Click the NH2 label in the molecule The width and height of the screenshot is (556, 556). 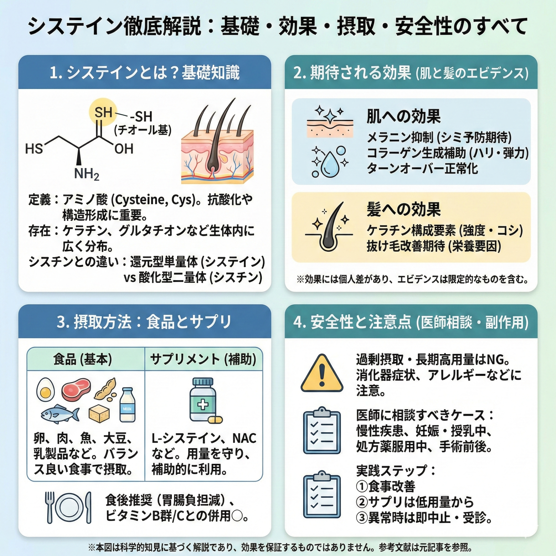(87, 174)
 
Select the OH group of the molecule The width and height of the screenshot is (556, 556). (124, 149)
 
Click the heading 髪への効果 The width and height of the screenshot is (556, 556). (403, 209)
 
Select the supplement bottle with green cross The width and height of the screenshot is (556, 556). (203, 400)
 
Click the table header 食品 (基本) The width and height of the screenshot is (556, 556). (83, 359)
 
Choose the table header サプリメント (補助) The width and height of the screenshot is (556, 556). (203, 359)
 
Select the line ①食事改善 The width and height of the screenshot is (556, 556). (386, 486)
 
